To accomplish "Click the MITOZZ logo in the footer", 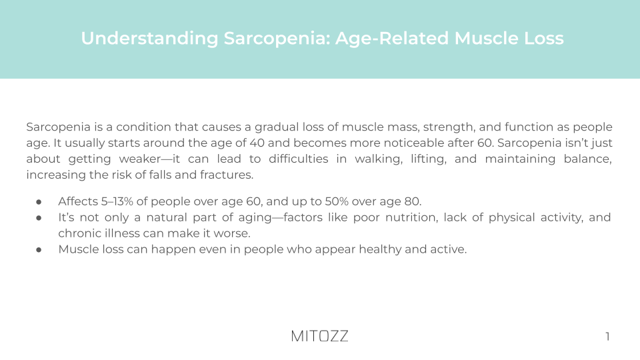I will (x=319, y=336).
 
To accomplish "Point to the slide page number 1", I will (x=607, y=337).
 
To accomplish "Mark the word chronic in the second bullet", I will (x=77, y=233).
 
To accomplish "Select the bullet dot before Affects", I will (x=39, y=201).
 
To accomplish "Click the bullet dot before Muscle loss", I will (x=39, y=249).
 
